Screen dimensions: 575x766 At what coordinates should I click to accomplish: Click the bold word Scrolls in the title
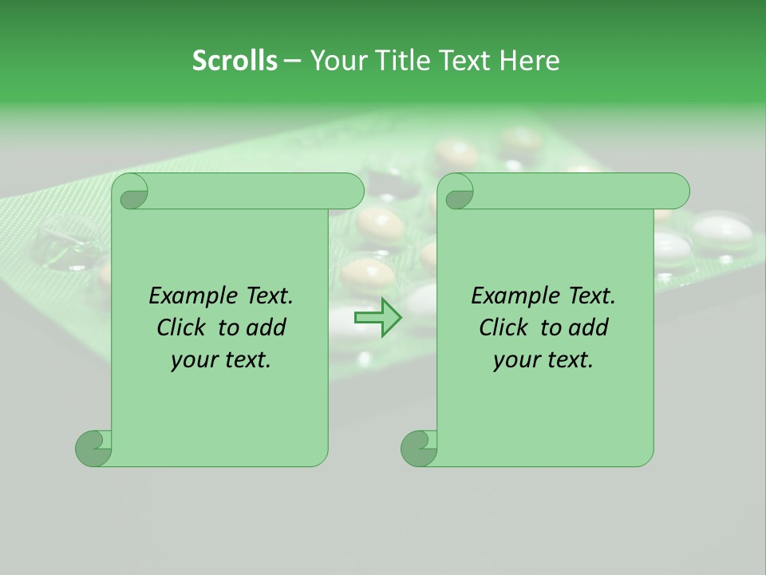(x=235, y=61)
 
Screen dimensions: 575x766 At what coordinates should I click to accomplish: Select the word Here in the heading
(x=529, y=61)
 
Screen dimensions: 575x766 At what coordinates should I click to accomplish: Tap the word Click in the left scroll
(x=181, y=327)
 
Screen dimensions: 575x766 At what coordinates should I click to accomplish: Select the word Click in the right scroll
(x=503, y=327)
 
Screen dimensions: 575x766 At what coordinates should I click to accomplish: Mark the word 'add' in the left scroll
(x=267, y=327)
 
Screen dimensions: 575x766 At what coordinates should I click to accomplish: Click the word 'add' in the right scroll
(x=590, y=327)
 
